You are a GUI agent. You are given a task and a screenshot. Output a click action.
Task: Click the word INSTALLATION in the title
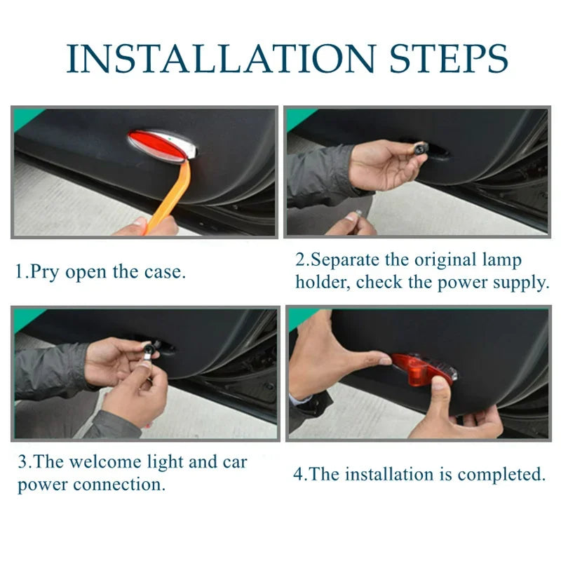point(221,58)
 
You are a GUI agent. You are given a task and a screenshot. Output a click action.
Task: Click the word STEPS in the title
point(449,58)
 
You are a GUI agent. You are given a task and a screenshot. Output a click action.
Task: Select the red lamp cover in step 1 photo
point(159,146)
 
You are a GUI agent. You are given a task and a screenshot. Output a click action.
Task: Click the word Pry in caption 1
point(45,273)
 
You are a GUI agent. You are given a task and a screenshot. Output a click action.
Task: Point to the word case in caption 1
point(165,273)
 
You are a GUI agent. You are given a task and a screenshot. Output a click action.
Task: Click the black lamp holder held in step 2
point(419,148)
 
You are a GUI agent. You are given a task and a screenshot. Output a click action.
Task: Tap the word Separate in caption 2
point(345,260)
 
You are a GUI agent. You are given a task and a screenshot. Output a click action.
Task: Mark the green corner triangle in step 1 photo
point(27,117)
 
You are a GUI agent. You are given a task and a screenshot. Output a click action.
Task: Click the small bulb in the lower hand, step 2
point(358,214)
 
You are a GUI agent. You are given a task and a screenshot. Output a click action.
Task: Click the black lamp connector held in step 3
point(149,349)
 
